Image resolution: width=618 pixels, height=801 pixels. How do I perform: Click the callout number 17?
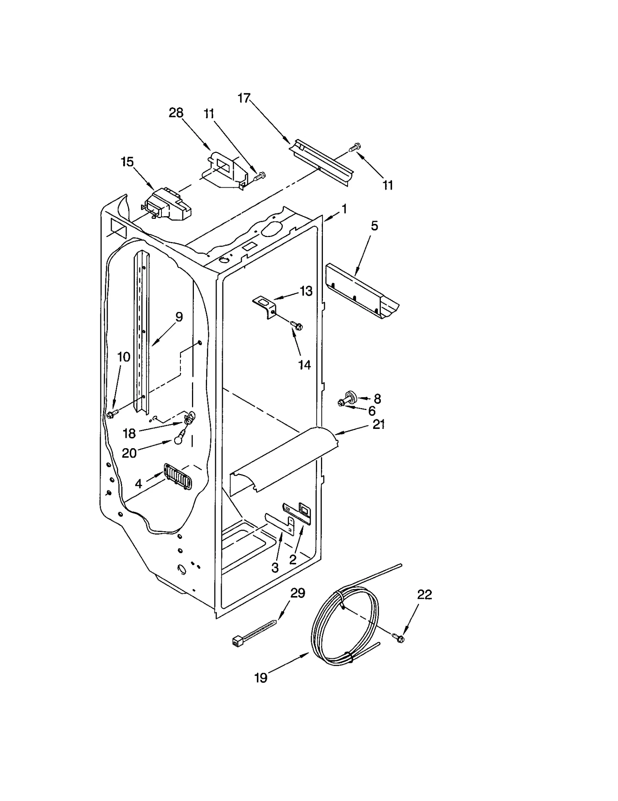(x=244, y=98)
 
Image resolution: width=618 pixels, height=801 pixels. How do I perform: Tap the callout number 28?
(x=176, y=113)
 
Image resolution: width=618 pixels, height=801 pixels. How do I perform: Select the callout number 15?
(x=127, y=162)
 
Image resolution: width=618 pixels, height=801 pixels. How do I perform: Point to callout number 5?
(x=374, y=226)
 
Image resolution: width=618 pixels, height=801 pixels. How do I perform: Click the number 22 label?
(x=424, y=594)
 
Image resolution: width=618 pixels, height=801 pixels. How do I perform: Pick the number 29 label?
(x=298, y=593)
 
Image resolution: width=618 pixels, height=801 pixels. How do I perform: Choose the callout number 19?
(x=261, y=677)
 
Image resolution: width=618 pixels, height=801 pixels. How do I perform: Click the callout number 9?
(x=179, y=317)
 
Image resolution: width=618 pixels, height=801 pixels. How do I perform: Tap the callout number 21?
(x=379, y=425)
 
